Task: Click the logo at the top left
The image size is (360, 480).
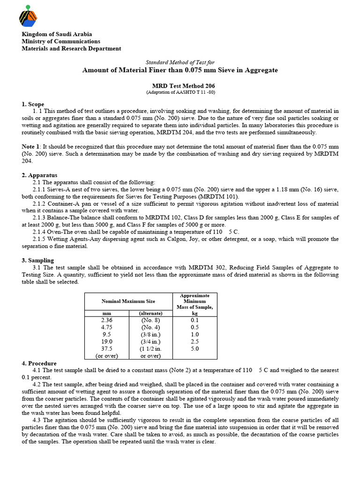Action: pyautogui.click(x=28, y=16)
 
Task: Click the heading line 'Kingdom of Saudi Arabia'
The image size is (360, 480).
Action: pyautogui.click(x=57, y=34)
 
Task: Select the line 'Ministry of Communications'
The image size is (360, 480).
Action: pyautogui.click(x=61, y=41)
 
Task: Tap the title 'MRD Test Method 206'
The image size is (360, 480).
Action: pyautogui.click(x=180, y=86)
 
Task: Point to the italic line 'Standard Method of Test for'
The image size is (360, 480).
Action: pyautogui.click(x=180, y=62)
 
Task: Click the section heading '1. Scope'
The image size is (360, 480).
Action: pyautogui.click(x=33, y=104)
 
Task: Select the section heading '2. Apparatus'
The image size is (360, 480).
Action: pyautogui.click(x=38, y=175)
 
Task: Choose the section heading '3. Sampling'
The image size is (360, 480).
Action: pyautogui.click(x=38, y=260)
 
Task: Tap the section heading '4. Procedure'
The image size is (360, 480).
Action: pyautogui.click(x=39, y=363)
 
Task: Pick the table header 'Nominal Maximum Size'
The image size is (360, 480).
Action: pyautogui.click(x=128, y=301)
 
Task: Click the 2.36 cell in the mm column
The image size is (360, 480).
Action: pyautogui.click(x=107, y=320)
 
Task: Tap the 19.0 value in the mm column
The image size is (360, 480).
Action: pyautogui.click(x=107, y=342)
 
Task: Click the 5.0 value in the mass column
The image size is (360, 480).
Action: pyautogui.click(x=195, y=349)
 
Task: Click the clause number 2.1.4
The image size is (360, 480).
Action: pyautogui.click(x=41, y=232)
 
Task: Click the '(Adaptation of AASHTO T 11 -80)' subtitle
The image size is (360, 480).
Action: pyautogui.click(x=180, y=93)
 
